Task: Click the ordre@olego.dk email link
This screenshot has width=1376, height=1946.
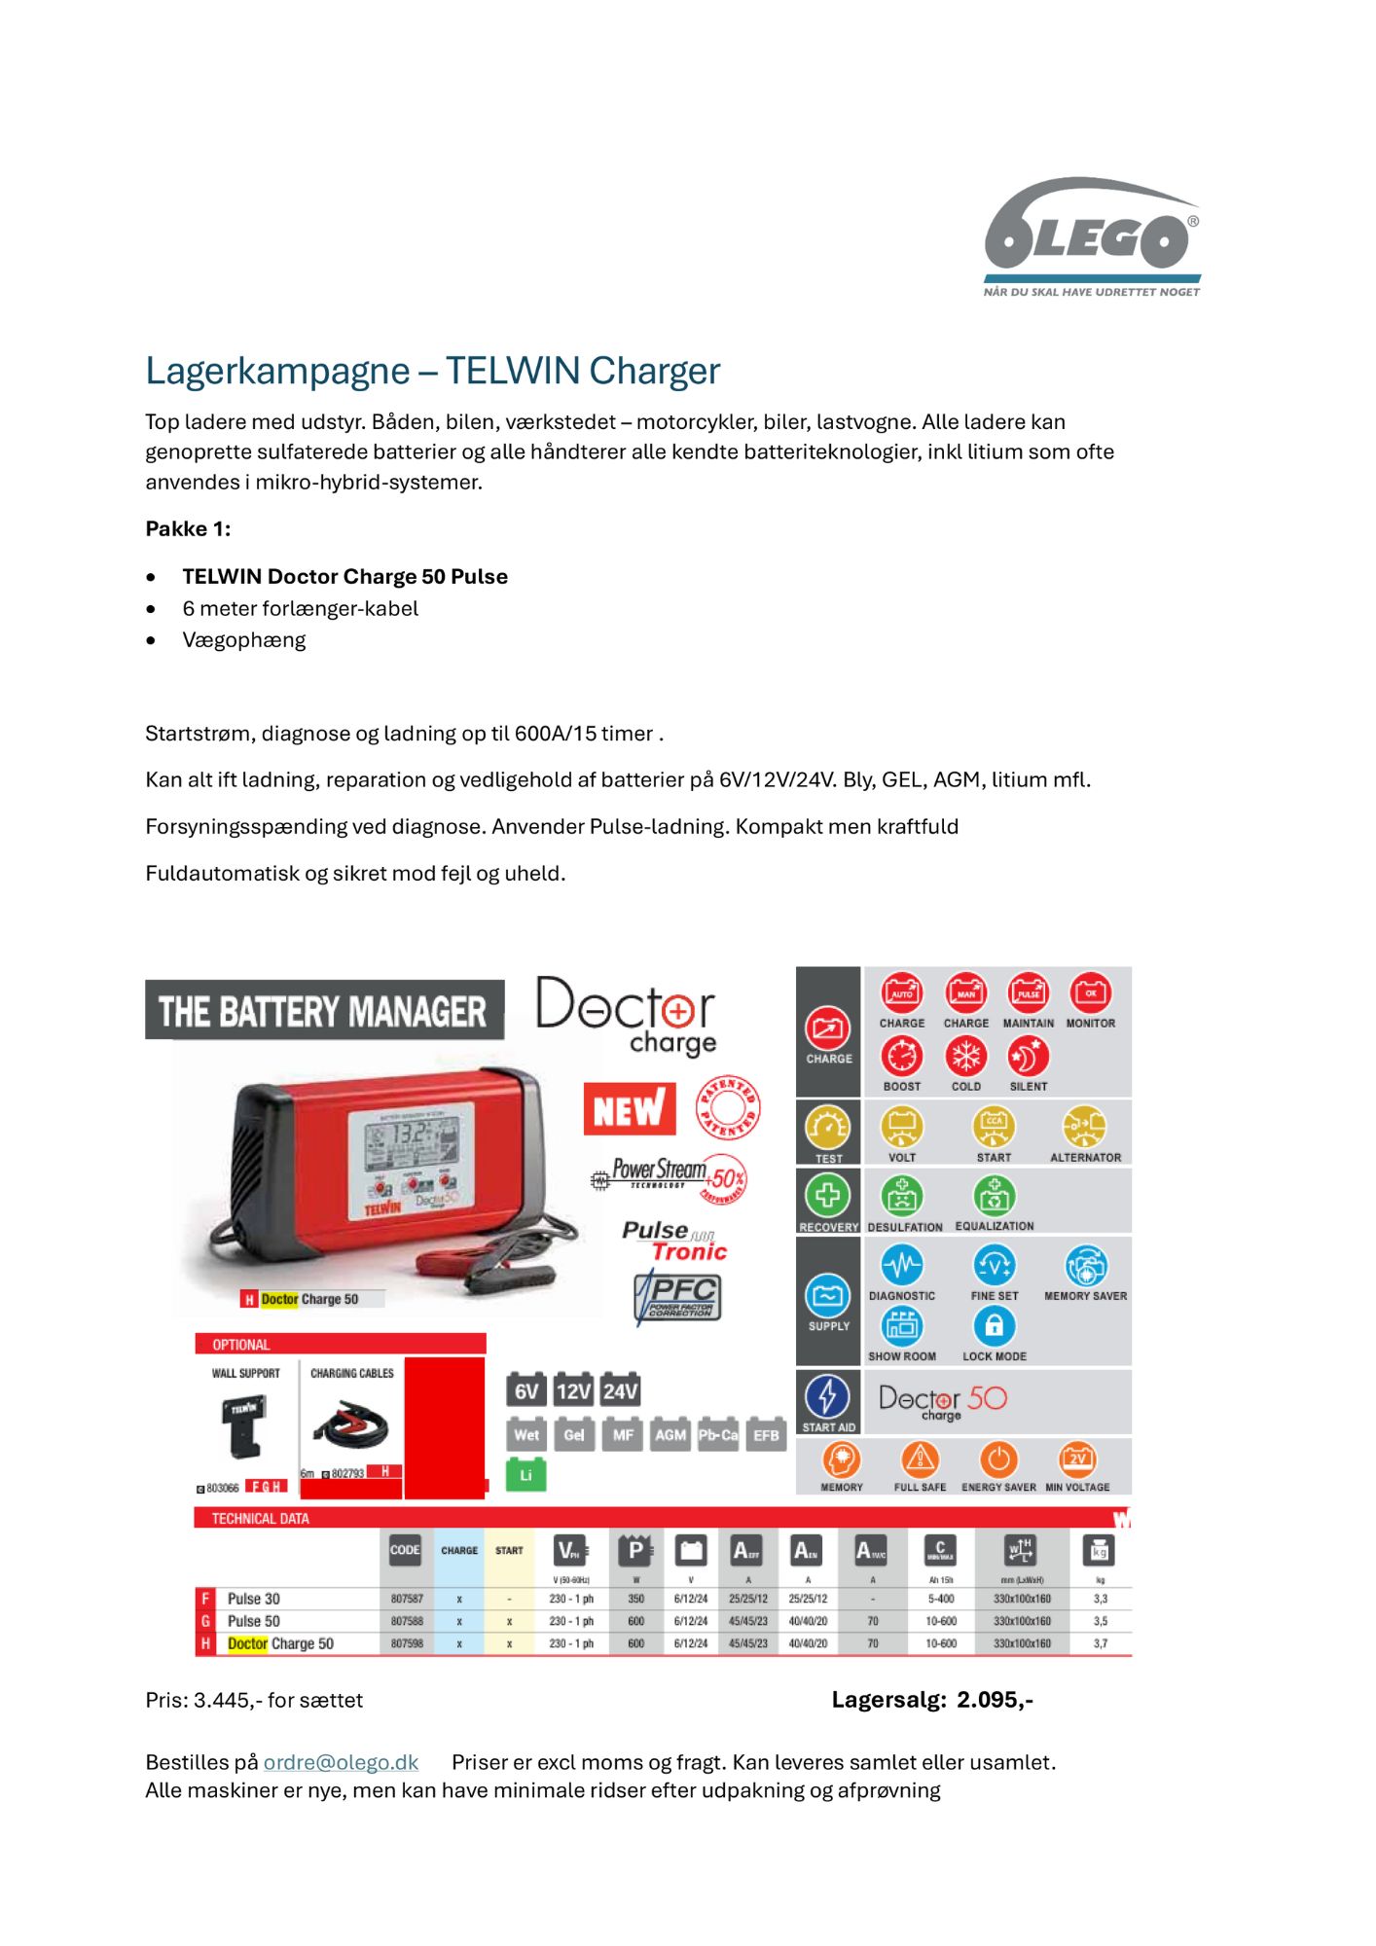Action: pyautogui.click(x=341, y=1762)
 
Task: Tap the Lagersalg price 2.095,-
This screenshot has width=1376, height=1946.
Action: pyautogui.click(x=994, y=1700)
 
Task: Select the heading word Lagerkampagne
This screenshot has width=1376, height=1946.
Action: pyautogui.click(x=277, y=371)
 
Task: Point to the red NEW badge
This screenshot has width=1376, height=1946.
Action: pyautogui.click(x=629, y=1109)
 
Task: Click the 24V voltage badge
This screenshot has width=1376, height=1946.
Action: pyautogui.click(x=620, y=1390)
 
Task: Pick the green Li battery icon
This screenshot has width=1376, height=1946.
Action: pyautogui.click(x=525, y=1475)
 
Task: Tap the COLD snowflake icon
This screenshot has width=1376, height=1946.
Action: pyautogui.click(x=965, y=1056)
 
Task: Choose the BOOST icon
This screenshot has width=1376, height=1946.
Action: pyautogui.click(x=902, y=1056)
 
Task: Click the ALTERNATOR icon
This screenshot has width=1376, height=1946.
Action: pyautogui.click(x=1084, y=1127)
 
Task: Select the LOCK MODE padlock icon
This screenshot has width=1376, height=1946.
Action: pyautogui.click(x=994, y=1325)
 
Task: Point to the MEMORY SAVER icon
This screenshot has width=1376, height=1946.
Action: pyautogui.click(x=1085, y=1266)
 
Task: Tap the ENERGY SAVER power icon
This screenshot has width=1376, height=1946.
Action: pyautogui.click(x=998, y=1459)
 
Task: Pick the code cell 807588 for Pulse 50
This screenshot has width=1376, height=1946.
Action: pyautogui.click(x=406, y=1621)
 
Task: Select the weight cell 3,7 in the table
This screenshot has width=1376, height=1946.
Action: pyautogui.click(x=1101, y=1643)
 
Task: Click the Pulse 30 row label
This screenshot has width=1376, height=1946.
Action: pyautogui.click(x=253, y=1599)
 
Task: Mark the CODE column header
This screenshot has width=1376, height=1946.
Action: pyautogui.click(x=405, y=1550)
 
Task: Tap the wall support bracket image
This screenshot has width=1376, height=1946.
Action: pyautogui.click(x=243, y=1426)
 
